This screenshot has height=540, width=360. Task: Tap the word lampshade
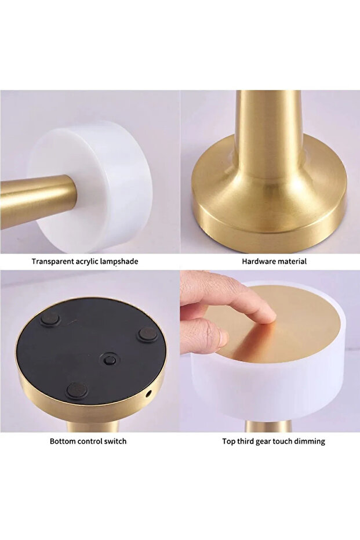point(119,262)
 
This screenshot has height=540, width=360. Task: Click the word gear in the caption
point(263,442)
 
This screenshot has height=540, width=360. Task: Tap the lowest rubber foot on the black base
point(76,389)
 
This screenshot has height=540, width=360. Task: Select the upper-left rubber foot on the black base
point(50,318)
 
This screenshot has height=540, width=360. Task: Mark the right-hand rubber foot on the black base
point(148,334)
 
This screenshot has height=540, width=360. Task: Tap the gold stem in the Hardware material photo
point(270,138)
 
